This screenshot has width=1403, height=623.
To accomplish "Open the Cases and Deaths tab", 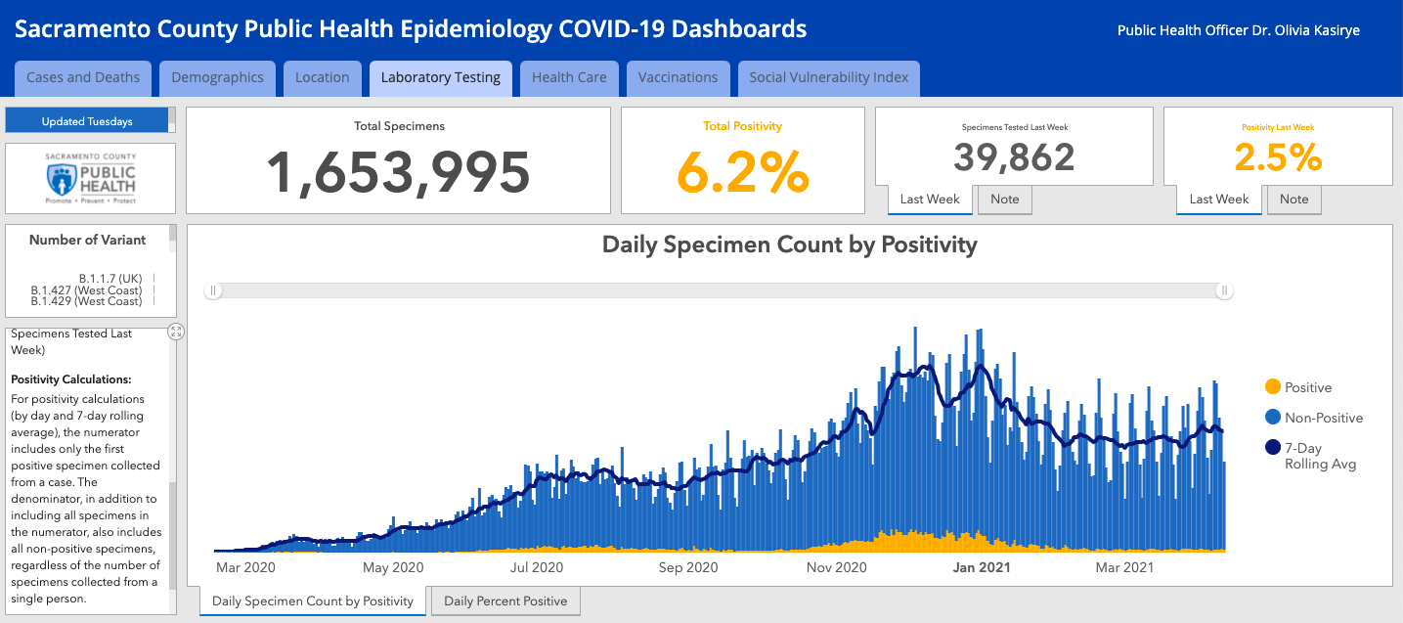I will pos(83,77).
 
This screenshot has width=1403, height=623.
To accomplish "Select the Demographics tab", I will pos(217,77).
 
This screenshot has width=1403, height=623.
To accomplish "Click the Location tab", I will pos(322,77).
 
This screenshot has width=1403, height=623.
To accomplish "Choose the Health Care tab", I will pos(569,77).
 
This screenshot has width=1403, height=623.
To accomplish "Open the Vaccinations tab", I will pos(678,77).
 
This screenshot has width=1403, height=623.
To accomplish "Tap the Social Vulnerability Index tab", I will pos(828,77).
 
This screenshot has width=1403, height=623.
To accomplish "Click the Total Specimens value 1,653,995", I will pos(398,172).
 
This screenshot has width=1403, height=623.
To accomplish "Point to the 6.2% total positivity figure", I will pos(743,172).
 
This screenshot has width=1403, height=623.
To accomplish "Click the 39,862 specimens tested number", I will pos(1014,157).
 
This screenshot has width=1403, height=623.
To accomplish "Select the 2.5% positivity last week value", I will pos(1278,157).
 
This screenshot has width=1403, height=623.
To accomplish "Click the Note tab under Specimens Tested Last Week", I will pos(1004,200).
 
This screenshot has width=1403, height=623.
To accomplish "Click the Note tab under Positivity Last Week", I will pos(1293,200).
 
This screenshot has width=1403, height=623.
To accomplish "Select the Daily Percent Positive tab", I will pos(505,601).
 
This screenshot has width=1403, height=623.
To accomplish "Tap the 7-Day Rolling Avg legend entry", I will pos(1315,455).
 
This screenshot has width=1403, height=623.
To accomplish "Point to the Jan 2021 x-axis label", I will pos(982,567).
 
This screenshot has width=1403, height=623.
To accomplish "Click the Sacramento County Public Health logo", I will pos(91,178).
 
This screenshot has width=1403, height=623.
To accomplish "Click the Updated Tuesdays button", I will pos(87,121).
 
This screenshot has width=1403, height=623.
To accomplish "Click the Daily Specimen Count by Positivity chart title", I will pos(789,245).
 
